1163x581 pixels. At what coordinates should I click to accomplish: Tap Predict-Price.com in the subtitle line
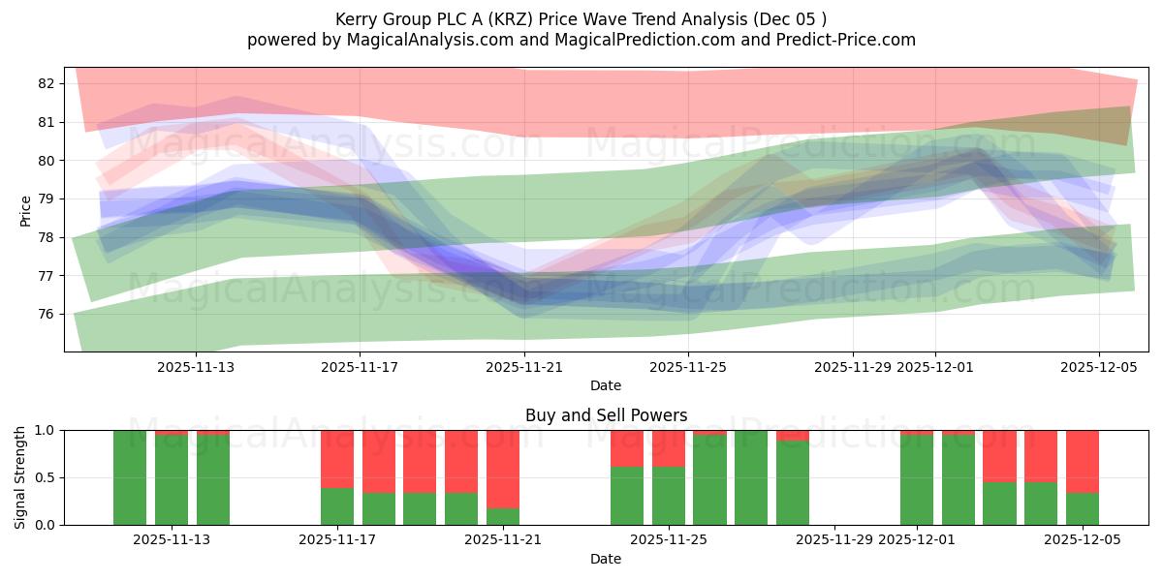tap(853, 40)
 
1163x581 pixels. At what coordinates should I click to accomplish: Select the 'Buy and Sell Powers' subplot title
tap(606, 415)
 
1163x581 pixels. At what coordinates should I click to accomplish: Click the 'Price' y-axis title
tap(26, 210)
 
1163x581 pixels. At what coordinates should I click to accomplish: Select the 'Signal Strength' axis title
tap(21, 477)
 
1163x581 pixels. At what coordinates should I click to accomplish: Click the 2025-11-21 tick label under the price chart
tap(524, 367)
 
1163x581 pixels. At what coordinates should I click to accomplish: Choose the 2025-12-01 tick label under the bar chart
tap(916, 540)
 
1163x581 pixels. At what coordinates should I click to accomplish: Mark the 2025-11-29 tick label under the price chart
tap(853, 367)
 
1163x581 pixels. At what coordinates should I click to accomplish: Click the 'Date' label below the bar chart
tap(606, 559)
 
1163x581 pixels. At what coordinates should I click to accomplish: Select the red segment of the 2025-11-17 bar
tap(337, 459)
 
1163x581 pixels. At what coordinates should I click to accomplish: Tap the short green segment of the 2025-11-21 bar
tap(503, 516)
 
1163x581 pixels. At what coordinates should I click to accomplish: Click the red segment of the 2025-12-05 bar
tap(1082, 461)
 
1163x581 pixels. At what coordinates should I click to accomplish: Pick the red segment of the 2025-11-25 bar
tap(669, 448)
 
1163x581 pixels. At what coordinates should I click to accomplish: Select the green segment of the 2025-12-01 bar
tap(916, 479)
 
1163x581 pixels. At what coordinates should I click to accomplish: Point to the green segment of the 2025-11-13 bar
tap(172, 479)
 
